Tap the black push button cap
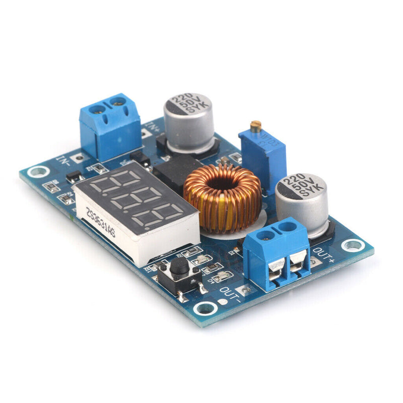pyautogui.click(x=178, y=267)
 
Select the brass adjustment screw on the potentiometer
pyautogui.click(x=255, y=126)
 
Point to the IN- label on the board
pyautogui.click(x=64, y=162)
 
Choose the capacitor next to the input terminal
pyautogui.click(x=188, y=123)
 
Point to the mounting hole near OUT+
pyautogui.click(x=352, y=245)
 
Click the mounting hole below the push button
pyautogui.click(x=206, y=308)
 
